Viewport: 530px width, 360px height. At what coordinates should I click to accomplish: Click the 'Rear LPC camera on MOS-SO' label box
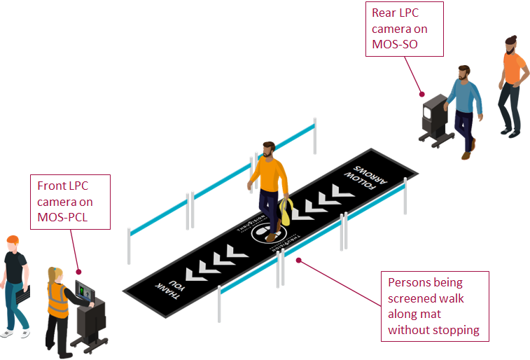coord(404,29)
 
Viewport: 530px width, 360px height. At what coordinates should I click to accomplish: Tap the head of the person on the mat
coord(267,149)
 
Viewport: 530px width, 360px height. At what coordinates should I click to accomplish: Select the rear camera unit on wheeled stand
coord(434,120)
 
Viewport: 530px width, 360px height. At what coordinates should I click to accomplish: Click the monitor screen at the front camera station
coord(85,290)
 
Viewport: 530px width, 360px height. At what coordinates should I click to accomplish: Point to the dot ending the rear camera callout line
coord(422,93)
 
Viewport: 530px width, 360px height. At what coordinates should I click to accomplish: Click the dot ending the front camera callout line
coord(78,272)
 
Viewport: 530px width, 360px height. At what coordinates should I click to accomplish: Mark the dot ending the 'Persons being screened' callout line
coord(299,261)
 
